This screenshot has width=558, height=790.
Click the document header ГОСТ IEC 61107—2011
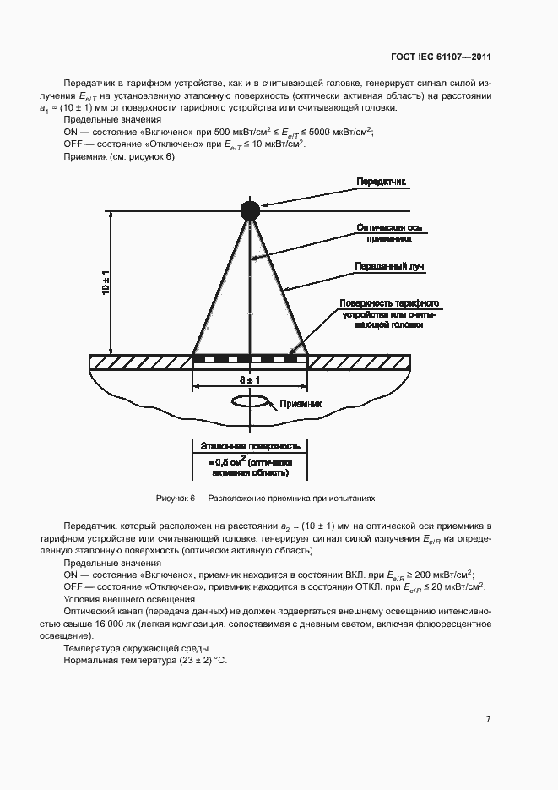pos(442,57)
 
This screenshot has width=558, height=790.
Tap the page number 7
pos(488,719)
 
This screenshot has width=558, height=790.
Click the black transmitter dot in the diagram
pos(250,211)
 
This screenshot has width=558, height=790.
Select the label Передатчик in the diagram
pos(382,182)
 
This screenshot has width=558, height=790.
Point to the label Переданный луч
pos(389,266)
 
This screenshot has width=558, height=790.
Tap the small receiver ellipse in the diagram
pos(251,400)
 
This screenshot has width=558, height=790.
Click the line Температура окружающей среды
pos(124,647)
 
